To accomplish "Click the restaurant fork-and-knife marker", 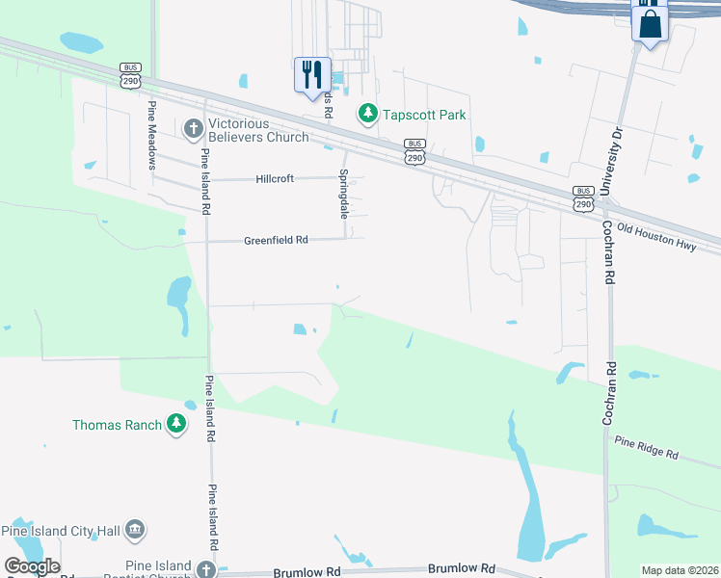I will coord(312,74).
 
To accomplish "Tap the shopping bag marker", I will coord(651,23).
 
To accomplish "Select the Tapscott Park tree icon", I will coord(367,115).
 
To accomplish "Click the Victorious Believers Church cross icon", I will coord(193,128).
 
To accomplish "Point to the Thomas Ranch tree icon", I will coord(175,424).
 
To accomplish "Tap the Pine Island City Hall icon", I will coord(135,530).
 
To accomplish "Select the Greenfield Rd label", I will coord(276,240).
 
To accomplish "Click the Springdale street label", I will coord(342,194).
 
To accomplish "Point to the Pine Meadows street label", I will coord(151,134).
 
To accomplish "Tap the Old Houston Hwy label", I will coord(656,231).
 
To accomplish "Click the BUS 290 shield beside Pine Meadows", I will coord(130,75).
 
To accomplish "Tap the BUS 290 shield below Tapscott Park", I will coord(414,151).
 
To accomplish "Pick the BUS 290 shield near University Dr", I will coord(582,197).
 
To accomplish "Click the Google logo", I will coord(32,566).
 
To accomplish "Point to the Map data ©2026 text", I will coord(680,570).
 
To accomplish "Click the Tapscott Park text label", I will coord(425,116).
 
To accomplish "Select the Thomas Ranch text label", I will coord(117,424).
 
